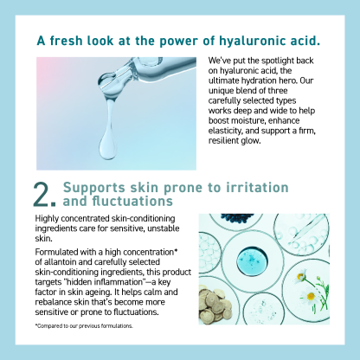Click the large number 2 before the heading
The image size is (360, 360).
45,194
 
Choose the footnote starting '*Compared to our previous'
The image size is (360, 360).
84,326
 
